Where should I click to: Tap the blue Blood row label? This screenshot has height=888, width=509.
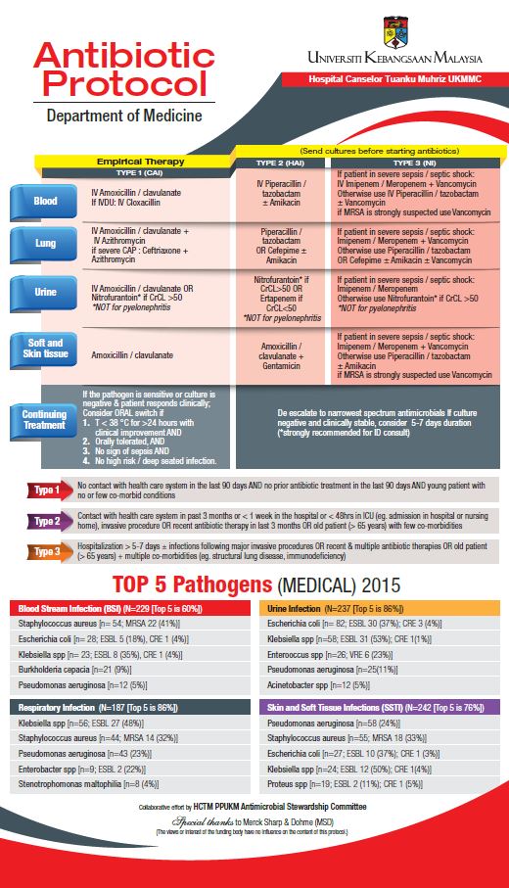45,201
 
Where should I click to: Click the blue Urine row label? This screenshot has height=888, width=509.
45,292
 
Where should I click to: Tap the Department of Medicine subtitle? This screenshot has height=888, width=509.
124,116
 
